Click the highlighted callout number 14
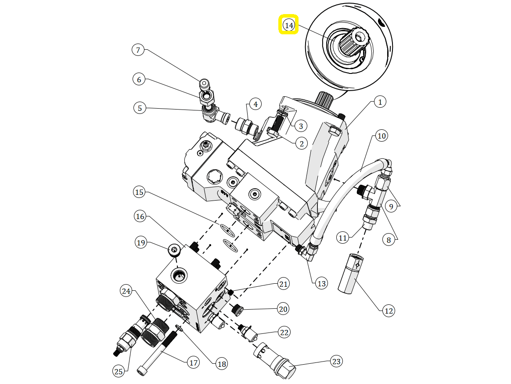pos(289,25)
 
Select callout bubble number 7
pos(138,50)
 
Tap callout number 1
pos(380,102)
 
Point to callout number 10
pos(381,135)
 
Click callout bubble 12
pos(389,311)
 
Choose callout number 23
pos(336,361)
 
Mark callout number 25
pos(119,371)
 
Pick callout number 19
pos(141,243)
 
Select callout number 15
pos(139,192)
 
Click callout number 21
pos(284,284)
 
